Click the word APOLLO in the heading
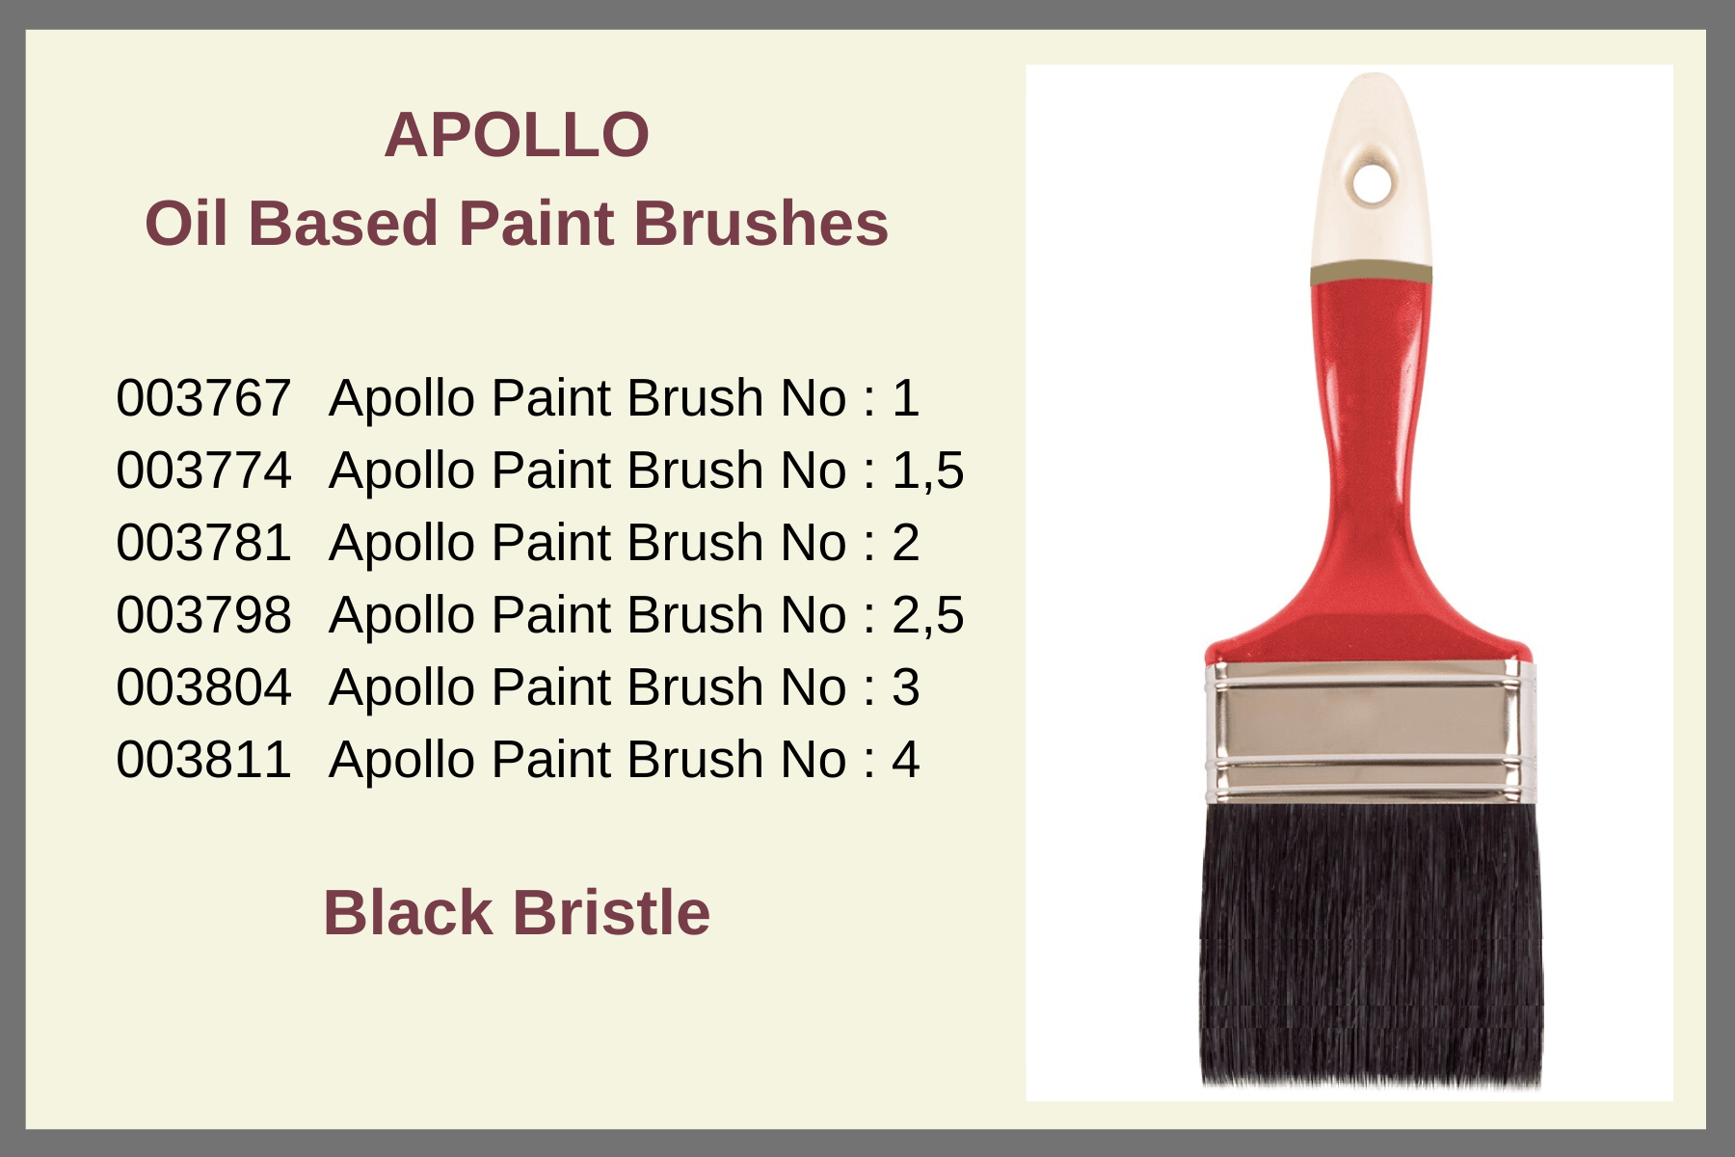click(517, 135)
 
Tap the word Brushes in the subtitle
click(761, 224)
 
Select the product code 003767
click(203, 398)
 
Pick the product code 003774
click(203, 471)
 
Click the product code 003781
click(203, 543)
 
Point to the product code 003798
click(203, 615)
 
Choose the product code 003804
click(203, 687)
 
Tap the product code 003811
click(203, 760)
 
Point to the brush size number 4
click(906, 760)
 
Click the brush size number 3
click(906, 687)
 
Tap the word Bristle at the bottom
click(611, 912)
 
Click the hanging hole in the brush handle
click(1371, 182)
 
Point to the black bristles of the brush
click(1370, 945)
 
